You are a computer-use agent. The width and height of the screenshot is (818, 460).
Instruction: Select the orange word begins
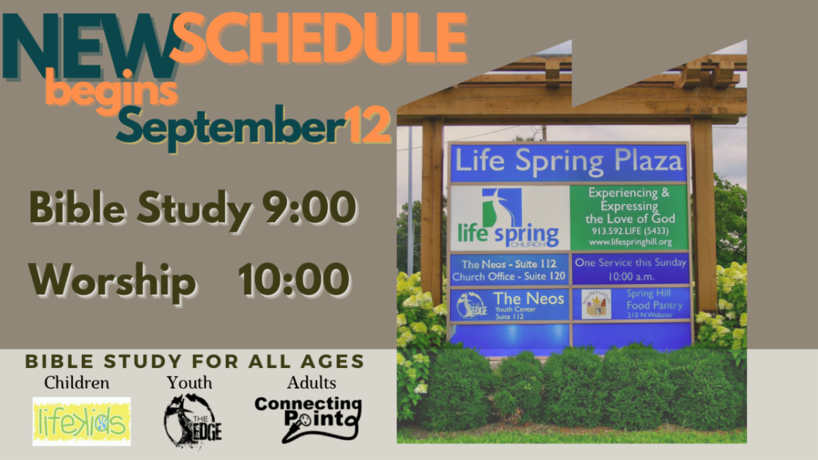point(112,92)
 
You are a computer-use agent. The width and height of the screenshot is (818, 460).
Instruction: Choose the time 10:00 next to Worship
point(294,279)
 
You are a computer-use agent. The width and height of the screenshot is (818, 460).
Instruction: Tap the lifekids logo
point(81,421)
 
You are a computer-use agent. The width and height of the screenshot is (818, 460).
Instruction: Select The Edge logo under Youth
point(192,420)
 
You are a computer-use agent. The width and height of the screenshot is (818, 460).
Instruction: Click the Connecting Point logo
point(307,419)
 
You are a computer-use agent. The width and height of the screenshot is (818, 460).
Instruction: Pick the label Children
point(76,383)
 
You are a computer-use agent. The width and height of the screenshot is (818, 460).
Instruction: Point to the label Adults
point(311,383)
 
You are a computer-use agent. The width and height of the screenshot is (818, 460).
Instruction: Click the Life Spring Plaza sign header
point(569,163)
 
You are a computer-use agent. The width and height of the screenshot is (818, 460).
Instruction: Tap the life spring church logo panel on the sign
point(509,217)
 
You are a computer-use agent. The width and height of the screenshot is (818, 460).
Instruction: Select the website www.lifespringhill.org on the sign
point(630,242)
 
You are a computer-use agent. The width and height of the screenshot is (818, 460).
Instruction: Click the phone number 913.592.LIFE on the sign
point(630,231)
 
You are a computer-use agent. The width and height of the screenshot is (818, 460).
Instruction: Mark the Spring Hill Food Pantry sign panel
point(631,304)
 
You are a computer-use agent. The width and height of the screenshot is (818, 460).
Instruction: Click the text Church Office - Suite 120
point(509,277)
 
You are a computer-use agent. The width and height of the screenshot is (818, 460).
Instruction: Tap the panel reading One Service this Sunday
point(631,269)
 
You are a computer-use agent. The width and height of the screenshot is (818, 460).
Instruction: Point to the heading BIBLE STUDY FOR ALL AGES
point(195,361)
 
